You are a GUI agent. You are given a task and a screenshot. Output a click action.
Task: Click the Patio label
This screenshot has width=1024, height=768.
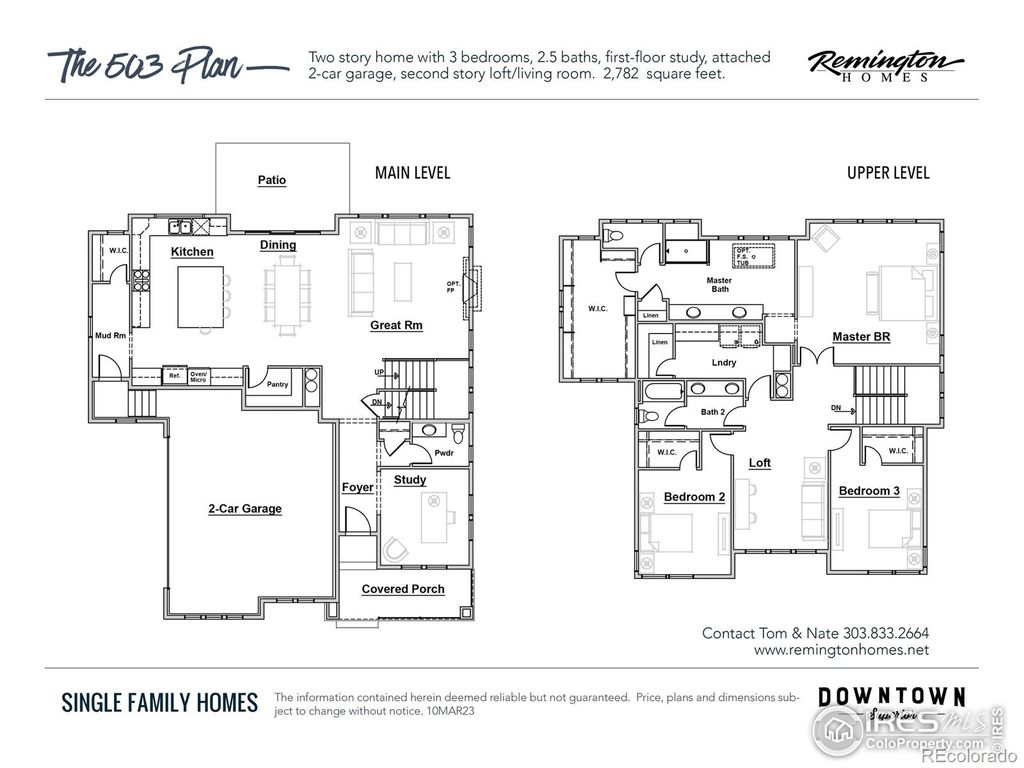click(x=272, y=180)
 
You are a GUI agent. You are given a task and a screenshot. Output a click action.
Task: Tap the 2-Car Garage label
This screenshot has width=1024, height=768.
click(x=245, y=509)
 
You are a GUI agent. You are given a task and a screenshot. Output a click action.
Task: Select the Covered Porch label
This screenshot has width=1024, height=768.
click(x=403, y=589)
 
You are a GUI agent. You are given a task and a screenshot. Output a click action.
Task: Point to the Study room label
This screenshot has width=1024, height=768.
click(x=410, y=480)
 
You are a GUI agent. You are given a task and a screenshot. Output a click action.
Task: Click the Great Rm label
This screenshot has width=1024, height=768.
click(x=397, y=325)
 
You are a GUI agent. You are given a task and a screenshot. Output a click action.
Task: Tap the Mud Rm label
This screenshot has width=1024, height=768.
click(x=110, y=336)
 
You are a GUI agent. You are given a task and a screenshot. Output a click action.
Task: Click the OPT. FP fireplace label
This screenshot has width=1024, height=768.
click(x=453, y=287)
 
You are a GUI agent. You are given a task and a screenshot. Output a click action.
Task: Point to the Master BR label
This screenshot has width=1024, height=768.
click(x=861, y=337)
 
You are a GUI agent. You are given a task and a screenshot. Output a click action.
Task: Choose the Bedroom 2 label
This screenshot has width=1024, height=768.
click(x=694, y=497)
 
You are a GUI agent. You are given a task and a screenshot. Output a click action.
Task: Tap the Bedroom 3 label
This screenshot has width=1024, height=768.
click(x=868, y=491)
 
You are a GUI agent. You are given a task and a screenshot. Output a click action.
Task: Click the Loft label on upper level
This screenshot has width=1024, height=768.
click(x=760, y=463)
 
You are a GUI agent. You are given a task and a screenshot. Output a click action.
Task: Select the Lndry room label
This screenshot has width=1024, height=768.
click(x=724, y=362)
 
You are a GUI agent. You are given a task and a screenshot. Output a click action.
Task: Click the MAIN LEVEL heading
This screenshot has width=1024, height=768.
click(x=412, y=173)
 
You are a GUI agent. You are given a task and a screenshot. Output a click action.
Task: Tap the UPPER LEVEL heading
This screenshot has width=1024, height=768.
click(x=888, y=173)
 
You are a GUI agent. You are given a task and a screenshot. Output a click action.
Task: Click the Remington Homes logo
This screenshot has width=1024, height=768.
click(x=879, y=66)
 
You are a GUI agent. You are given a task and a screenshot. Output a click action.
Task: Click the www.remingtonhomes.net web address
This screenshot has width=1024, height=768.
click(x=841, y=650)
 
